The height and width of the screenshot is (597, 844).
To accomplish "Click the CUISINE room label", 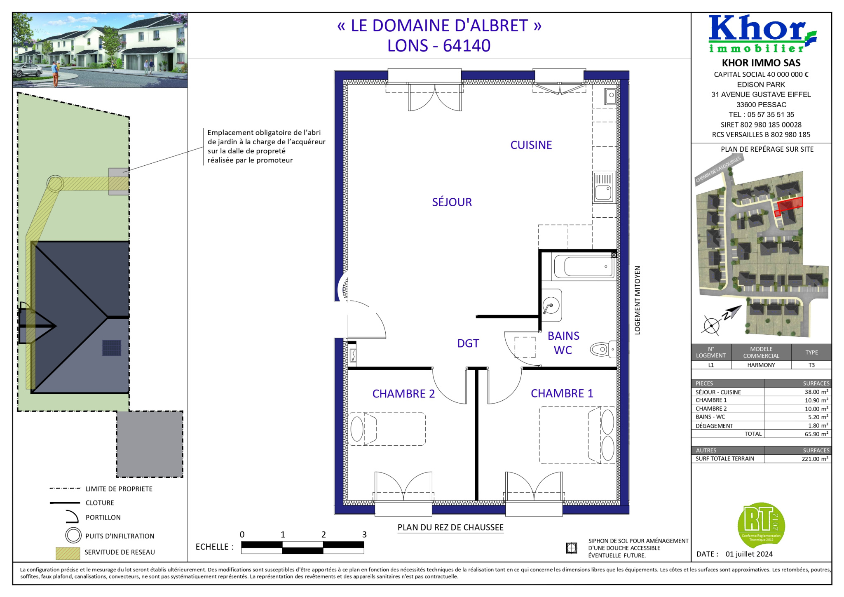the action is click(x=531, y=145).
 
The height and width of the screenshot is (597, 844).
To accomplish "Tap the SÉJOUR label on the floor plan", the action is click(x=452, y=202).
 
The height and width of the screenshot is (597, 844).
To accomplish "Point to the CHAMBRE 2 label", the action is click(x=403, y=394).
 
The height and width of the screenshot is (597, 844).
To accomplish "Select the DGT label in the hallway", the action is click(x=468, y=343).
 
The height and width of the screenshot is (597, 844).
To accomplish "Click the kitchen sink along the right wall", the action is click(x=604, y=187).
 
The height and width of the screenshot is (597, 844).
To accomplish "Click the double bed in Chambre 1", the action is click(x=578, y=435).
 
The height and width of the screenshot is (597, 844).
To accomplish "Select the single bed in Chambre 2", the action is click(x=387, y=429).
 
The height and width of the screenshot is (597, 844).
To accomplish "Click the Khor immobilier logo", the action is click(x=762, y=34).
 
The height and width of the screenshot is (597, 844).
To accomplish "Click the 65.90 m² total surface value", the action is click(x=816, y=434).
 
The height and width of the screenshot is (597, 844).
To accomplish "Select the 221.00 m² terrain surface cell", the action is click(x=815, y=459).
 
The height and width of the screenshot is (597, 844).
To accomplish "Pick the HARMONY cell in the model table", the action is click(x=761, y=365).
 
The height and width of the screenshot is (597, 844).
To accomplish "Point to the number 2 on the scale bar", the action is click(x=324, y=535).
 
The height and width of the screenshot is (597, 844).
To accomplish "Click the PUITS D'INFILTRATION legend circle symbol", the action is click(x=73, y=536).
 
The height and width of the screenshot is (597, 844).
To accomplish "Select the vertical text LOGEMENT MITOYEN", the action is click(x=638, y=300).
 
